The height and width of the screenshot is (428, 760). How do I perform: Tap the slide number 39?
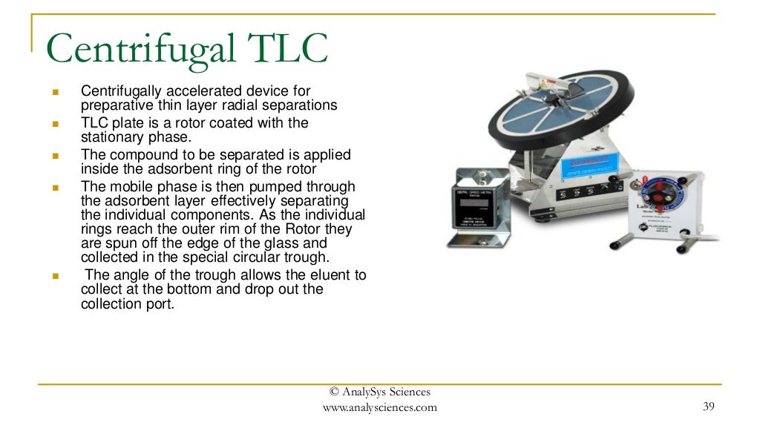[708, 406]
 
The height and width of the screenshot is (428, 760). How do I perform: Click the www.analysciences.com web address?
[379, 407]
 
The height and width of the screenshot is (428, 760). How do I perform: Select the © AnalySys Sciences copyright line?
[380, 392]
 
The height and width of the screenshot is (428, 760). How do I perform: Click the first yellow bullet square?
[55, 92]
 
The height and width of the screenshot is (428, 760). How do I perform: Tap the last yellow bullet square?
[55, 276]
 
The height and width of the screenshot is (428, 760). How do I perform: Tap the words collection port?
[128, 303]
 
